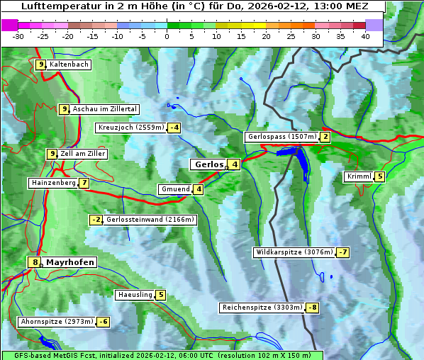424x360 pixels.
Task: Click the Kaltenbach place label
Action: tap(69, 64)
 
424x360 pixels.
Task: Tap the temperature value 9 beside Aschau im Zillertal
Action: tap(64, 109)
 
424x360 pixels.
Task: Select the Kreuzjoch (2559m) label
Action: tap(130, 128)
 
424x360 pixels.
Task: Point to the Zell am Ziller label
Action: tap(83, 154)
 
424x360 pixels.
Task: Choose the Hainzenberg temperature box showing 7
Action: tap(84, 183)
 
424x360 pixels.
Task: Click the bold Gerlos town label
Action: tap(208, 164)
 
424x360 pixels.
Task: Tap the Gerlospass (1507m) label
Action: tap(281, 137)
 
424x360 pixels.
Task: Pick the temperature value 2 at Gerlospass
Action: tap(325, 137)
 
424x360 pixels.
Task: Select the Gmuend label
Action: tap(175, 189)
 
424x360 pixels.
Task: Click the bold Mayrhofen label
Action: tap(69, 262)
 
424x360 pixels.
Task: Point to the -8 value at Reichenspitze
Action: tap(312, 308)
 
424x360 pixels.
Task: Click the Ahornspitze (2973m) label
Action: tap(56, 322)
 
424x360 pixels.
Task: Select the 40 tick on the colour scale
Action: tap(365, 36)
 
